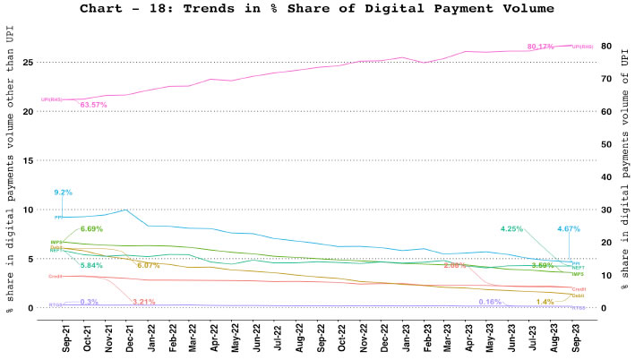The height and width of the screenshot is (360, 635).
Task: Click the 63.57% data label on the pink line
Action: [94, 106]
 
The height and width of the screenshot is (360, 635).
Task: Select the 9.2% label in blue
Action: [63, 193]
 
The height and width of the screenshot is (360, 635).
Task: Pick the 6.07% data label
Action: [149, 265]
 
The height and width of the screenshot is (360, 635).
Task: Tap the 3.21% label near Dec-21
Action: [144, 302]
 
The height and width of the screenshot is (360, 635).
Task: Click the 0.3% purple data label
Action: [90, 302]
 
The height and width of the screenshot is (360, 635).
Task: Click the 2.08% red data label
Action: [455, 266]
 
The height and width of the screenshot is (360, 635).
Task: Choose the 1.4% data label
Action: [545, 302]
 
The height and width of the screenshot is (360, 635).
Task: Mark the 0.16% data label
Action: [490, 302]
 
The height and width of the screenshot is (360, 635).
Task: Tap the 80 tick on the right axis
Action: [606, 47]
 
